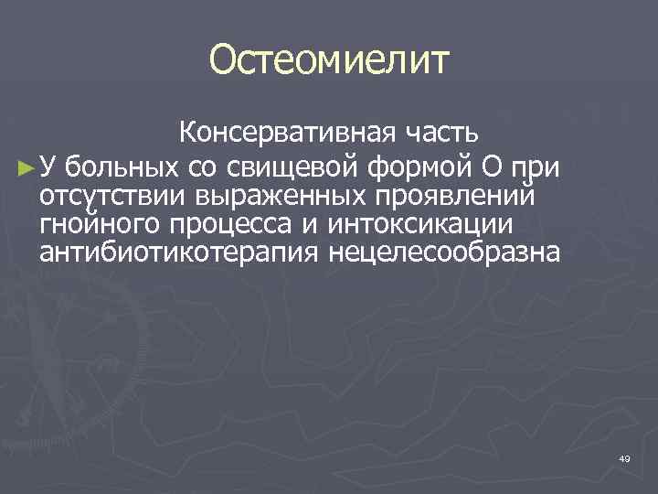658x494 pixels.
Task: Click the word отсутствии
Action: pyautogui.click(x=111, y=196)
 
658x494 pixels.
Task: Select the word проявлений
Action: pyautogui.click(x=466, y=196)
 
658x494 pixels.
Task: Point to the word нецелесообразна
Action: pyautogui.click(x=440, y=252)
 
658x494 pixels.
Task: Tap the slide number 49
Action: pyautogui.click(x=624, y=457)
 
